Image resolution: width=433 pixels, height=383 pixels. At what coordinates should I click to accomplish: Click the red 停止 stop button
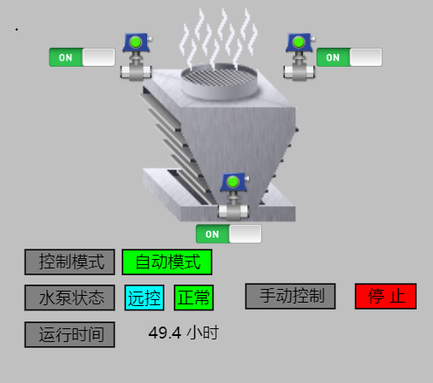coord(386,296)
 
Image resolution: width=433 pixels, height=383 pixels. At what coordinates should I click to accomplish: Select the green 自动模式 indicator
coord(167,262)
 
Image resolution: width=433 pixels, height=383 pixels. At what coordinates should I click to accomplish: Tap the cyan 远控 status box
coord(145,298)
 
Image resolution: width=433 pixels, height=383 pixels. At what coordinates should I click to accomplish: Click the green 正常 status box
coord(193,298)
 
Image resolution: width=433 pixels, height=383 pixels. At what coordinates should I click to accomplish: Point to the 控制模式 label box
coord(69,262)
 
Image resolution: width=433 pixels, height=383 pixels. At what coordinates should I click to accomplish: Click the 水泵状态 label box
coord(69,298)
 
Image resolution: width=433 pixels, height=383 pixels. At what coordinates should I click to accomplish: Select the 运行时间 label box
coord(69,334)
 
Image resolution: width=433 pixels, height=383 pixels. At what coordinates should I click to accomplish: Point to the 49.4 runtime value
coord(164,333)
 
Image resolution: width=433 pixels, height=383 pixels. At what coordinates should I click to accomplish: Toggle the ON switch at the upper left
coord(82,57)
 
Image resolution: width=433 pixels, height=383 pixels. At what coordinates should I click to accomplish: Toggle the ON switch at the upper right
coord(349,57)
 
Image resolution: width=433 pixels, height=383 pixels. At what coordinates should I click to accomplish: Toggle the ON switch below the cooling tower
coord(228,234)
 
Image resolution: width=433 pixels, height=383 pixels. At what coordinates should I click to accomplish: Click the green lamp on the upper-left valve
coord(135,42)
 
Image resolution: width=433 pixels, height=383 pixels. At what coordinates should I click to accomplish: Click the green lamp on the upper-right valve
coord(299,42)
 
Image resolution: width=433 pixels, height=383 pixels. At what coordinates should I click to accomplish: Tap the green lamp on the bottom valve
coord(233,181)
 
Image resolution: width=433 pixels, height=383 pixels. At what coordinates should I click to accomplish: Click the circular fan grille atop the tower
coord(219,80)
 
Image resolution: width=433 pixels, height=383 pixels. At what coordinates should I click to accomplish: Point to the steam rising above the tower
coord(218,38)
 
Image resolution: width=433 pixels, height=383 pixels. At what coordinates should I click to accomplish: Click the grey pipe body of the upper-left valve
coord(136,72)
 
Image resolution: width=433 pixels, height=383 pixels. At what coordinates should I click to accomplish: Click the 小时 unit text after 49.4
coord(203,333)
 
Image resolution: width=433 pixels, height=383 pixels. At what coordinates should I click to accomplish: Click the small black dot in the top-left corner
coord(16,29)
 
